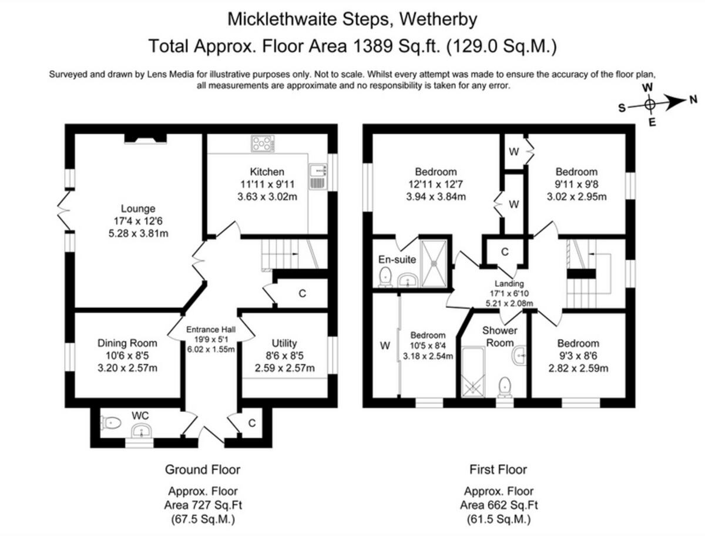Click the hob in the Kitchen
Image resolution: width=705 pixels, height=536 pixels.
click(263, 143)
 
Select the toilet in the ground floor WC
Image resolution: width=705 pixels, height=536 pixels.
click(111, 422)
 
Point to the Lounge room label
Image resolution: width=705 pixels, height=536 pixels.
click(138, 208)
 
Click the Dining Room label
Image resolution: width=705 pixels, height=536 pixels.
click(127, 343)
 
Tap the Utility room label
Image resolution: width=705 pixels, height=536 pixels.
click(284, 343)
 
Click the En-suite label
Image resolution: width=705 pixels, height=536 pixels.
click(397, 259)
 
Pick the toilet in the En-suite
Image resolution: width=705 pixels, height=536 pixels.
click(386, 276)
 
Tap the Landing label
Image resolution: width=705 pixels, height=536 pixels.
click(508, 283)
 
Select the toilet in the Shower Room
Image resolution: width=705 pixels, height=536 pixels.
click(504, 387)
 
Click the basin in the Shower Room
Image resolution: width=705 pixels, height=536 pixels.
click(520, 355)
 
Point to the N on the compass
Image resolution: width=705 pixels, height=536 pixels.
click(694, 99)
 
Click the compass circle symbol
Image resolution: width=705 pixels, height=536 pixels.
click(649, 105)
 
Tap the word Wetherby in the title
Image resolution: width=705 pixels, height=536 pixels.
click(438, 19)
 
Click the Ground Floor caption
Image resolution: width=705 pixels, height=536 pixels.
click(202, 470)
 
